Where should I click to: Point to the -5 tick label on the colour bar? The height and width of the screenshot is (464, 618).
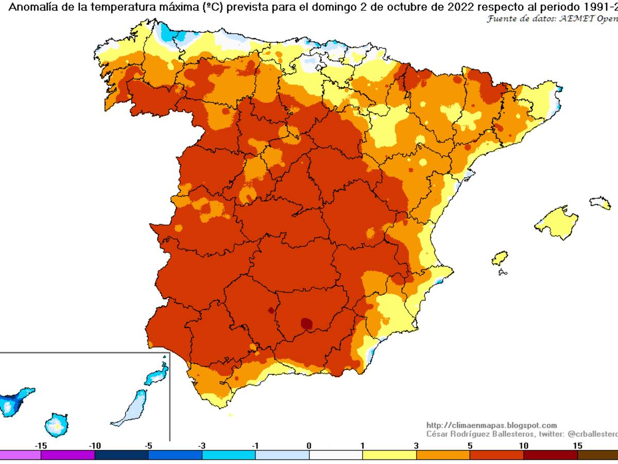pos(148,445)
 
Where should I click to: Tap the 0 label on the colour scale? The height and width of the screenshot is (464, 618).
pos(308,445)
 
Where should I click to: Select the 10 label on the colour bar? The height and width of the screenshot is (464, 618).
pos(523,445)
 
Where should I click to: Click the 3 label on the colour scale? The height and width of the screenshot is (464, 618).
pos(416,445)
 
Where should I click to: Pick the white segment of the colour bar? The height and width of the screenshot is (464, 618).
pos(336,455)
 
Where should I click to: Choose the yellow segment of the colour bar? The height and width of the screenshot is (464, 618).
pos(389,455)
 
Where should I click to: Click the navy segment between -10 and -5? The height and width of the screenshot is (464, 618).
pos(122,455)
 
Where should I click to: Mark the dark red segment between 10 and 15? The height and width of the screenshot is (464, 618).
pos(550,455)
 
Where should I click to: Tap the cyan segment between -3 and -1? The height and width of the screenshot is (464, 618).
pos(229,455)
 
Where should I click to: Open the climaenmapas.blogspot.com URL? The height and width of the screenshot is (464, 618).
pos(491,425)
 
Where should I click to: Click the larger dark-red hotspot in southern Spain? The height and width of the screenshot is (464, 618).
pos(306,323)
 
